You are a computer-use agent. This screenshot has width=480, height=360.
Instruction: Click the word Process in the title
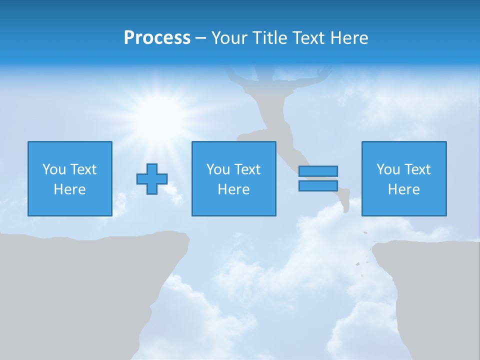(157, 38)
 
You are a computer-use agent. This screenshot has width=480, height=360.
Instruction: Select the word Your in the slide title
(229, 38)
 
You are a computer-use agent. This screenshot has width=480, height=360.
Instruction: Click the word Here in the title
(348, 38)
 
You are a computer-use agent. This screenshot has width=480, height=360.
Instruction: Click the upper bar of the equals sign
(318, 171)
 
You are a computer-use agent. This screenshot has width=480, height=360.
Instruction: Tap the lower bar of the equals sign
(318, 185)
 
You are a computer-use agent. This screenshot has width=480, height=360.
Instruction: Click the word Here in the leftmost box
(69, 189)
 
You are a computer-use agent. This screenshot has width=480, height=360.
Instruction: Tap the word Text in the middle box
(248, 169)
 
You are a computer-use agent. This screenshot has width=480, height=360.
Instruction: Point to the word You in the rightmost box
(388, 169)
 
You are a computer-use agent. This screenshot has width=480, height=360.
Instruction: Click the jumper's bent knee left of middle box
(241, 136)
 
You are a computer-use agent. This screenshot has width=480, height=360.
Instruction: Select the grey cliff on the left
(75, 290)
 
